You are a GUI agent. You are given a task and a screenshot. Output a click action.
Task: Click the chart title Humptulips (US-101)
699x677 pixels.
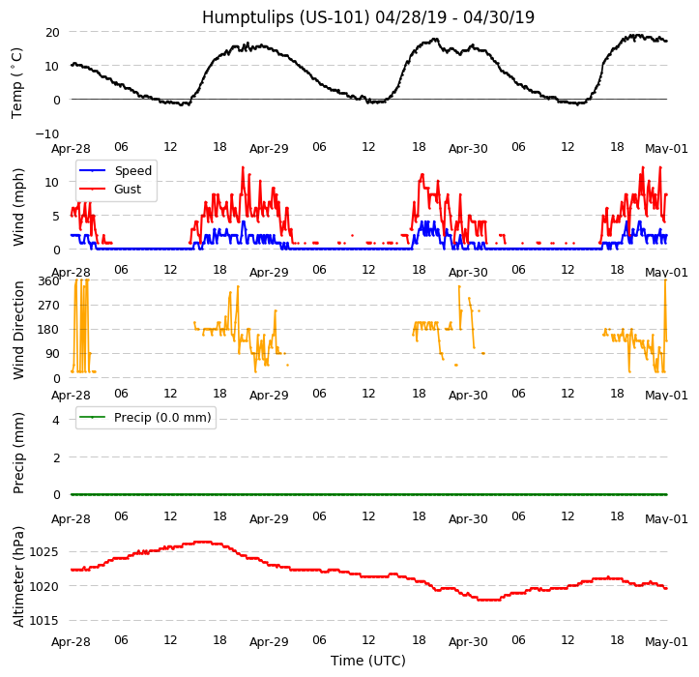pos(367,17)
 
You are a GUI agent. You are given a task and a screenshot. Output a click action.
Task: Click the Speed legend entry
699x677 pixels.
pos(132,171)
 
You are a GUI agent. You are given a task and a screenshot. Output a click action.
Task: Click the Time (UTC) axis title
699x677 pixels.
pos(368,661)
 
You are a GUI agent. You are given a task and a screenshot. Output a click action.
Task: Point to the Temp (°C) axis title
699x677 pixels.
pos(17,82)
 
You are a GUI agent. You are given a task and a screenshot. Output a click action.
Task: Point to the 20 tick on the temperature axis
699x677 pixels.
pos(51,32)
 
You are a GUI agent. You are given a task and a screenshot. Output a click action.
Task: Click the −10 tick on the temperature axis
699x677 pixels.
pos(47,133)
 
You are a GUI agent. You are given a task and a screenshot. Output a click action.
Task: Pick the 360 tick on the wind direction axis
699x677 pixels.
pos(48,280)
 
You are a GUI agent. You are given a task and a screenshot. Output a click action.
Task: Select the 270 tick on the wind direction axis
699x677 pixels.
pos(48,305)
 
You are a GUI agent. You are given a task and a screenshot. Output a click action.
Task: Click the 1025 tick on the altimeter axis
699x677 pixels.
pos(44,551)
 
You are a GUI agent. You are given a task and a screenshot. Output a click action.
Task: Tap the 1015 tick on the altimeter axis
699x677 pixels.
pos(44,620)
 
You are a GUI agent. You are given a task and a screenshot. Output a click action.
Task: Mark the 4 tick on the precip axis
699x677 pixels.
pos(56,420)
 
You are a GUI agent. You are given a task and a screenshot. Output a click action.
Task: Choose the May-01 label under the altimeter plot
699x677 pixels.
pos(666,642)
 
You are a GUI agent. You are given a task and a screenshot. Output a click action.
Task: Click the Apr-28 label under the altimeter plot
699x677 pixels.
pos(71,642)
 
